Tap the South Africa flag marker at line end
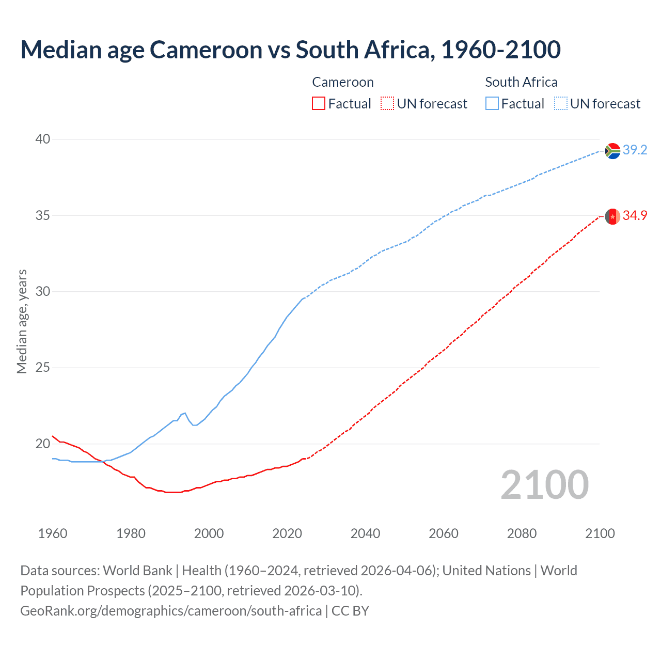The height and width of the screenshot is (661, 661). [612, 151]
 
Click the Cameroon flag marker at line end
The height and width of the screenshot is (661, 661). [612, 216]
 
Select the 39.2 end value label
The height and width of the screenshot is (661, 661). [635, 150]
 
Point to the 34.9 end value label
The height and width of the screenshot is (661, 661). [635, 216]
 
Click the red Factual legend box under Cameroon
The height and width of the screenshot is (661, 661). [319, 104]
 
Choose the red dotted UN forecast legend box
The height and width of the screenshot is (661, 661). [387, 104]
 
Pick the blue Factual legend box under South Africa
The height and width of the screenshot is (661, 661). [492, 104]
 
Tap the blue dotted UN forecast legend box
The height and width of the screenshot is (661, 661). [561, 104]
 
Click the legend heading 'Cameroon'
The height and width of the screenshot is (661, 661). [342, 83]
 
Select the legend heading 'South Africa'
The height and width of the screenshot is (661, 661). [521, 83]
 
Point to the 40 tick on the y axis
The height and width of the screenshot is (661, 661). [43, 139]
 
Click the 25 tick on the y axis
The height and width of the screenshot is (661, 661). [43, 368]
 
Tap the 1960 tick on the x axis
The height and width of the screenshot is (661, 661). [53, 533]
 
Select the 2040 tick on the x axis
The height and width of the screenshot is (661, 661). [365, 533]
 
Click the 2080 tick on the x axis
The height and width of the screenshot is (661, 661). [522, 533]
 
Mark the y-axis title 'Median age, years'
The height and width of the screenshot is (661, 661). [22, 321]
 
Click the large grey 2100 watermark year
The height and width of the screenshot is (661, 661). [544, 485]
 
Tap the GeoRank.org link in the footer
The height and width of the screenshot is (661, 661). [171, 611]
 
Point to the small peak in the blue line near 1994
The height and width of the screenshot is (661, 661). [185, 413]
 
